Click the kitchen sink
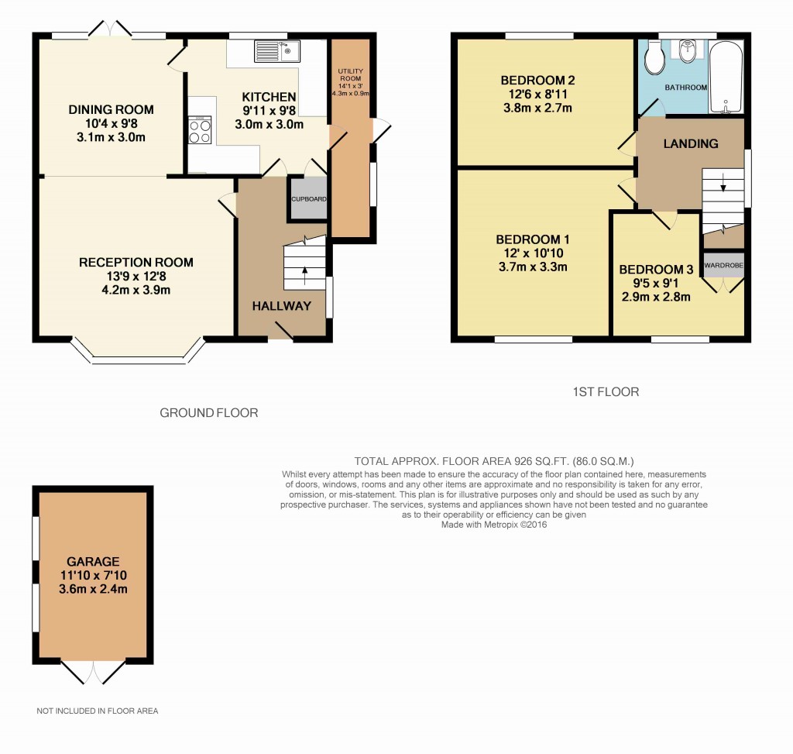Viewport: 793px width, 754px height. (276, 51)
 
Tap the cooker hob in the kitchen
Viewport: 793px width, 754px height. (200, 130)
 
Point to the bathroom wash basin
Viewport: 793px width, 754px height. (687, 52)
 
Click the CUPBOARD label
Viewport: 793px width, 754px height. (309, 199)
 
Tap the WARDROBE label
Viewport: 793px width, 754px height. (724, 265)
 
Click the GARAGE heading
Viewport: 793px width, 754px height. (93, 561)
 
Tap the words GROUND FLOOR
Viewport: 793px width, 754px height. (208, 413)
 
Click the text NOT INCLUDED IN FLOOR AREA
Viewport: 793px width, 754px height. (98, 711)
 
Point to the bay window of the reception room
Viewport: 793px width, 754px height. (139, 358)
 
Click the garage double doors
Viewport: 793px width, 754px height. (93, 672)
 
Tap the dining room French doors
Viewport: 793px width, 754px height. (109, 29)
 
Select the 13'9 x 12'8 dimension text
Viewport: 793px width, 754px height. (136, 277)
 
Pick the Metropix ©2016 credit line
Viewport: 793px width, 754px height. (493, 525)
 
